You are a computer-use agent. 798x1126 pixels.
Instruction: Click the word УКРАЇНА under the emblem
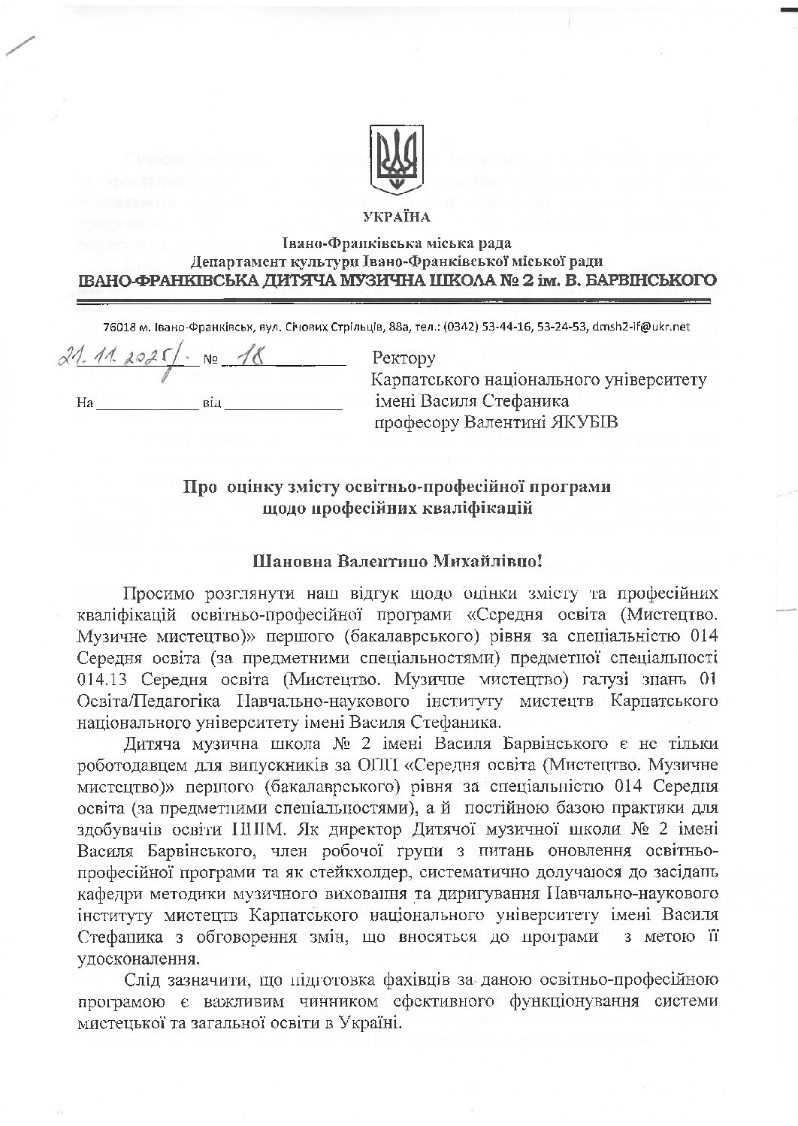click(x=397, y=218)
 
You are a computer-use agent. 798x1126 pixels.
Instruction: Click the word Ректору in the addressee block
click(x=404, y=358)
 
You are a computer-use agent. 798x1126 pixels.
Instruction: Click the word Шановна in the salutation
click(x=295, y=560)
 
